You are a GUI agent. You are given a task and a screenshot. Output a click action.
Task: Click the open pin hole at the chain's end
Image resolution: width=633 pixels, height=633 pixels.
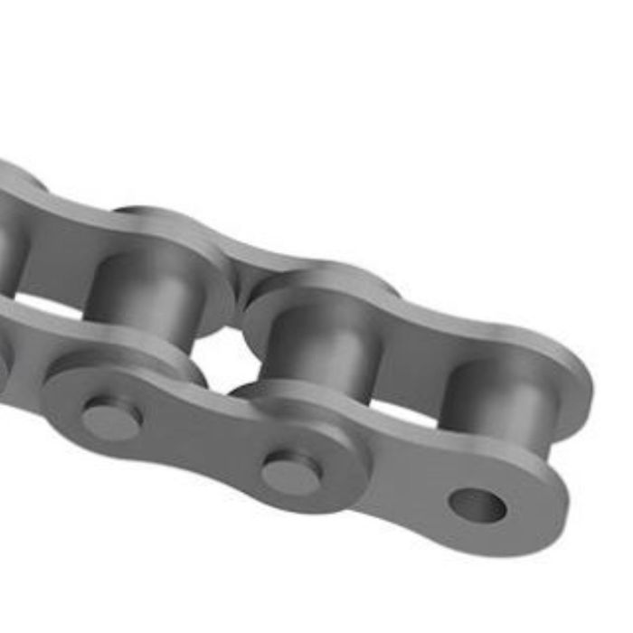(477, 505)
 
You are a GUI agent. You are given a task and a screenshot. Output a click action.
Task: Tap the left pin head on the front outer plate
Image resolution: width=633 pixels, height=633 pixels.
(111, 418)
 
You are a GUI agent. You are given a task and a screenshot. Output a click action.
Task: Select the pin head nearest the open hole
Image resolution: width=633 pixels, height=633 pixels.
(291, 472)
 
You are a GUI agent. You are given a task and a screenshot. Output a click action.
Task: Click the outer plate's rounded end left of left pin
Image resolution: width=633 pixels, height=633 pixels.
(59, 398)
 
